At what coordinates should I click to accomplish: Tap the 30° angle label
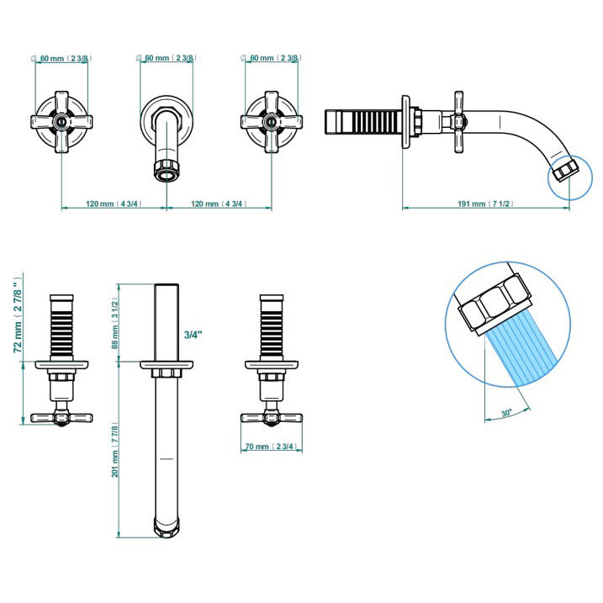point(506,413)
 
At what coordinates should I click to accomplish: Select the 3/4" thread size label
point(193,334)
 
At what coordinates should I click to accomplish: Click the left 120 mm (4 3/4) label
point(113,204)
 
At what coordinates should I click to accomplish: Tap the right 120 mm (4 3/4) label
point(218,204)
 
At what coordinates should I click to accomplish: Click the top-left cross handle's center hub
point(61,121)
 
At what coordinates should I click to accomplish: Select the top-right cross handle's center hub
point(270,121)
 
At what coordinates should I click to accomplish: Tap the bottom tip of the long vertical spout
point(166,529)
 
